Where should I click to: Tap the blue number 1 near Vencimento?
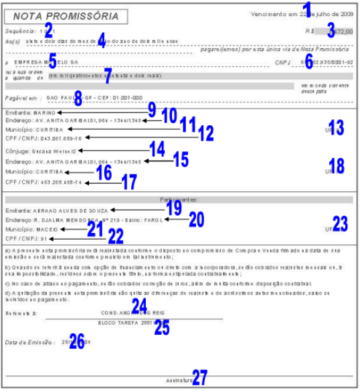click(x=308, y=9)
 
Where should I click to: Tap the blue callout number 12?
click(x=205, y=133)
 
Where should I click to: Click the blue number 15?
click(x=181, y=161)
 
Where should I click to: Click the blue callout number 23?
click(x=341, y=223)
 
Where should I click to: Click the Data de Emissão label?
click(x=31, y=342)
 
